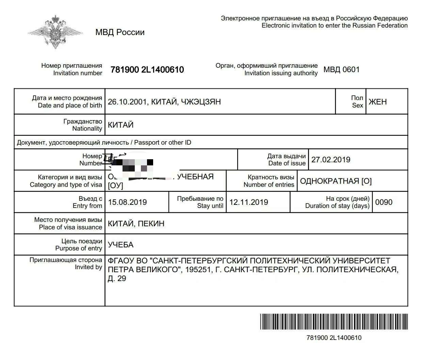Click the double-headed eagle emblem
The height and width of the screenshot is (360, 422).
click(x=55, y=32)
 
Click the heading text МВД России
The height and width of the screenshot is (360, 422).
click(x=120, y=32)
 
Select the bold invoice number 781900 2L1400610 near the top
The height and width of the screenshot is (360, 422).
click(x=147, y=70)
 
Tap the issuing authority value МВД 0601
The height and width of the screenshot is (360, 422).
click(x=341, y=70)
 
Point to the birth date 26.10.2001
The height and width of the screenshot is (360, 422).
click(x=127, y=102)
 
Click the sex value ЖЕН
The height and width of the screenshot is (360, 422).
click(x=378, y=102)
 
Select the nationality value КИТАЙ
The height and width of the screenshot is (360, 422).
click(x=120, y=125)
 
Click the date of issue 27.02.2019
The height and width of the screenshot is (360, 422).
click(x=330, y=160)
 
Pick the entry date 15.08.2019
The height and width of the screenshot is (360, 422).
click(x=127, y=202)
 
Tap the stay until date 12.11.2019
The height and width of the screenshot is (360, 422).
click(x=248, y=202)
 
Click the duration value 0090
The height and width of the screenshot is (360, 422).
click(x=384, y=202)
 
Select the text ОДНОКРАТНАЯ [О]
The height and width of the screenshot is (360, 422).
click(x=336, y=181)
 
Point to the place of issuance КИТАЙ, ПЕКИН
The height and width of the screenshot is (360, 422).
click(x=136, y=224)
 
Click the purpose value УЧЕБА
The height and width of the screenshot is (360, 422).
click(x=120, y=245)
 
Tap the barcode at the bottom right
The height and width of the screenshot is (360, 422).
click(x=334, y=322)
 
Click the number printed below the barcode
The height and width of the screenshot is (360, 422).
click(x=334, y=338)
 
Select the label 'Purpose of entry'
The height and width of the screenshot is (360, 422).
click(x=79, y=248)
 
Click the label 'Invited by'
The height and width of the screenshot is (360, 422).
click(x=88, y=267)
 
